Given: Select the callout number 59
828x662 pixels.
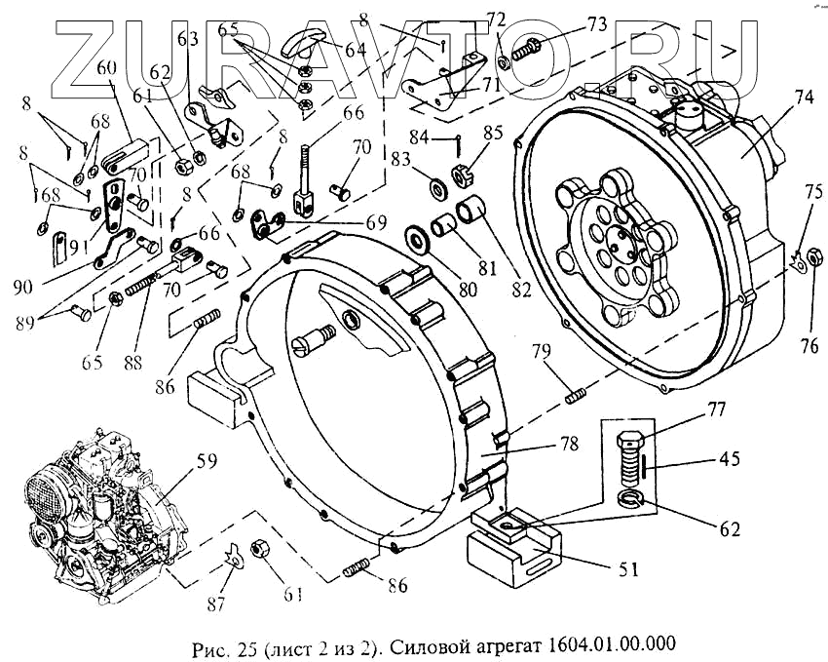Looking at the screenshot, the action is [x=205, y=461].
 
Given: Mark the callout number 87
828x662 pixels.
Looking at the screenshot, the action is [x=216, y=603].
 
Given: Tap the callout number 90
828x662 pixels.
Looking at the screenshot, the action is [x=23, y=288].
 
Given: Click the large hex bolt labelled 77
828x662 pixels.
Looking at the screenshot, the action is [x=630, y=459].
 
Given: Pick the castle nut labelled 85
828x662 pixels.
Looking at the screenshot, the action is [x=462, y=175].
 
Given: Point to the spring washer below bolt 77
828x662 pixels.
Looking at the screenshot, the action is [x=630, y=499].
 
